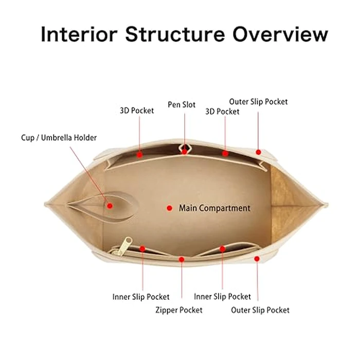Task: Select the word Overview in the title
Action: click(x=280, y=34)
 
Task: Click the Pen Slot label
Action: click(x=182, y=105)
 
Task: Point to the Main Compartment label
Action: click(x=214, y=208)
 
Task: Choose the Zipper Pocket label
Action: click(x=178, y=310)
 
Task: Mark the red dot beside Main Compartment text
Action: click(x=169, y=208)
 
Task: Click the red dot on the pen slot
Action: click(x=185, y=152)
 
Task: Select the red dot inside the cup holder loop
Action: click(x=110, y=206)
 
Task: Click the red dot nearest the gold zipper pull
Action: click(x=142, y=249)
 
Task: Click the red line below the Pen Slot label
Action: click(x=185, y=129)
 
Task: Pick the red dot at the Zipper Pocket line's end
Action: click(x=181, y=259)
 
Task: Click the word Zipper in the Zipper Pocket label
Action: click(x=167, y=310)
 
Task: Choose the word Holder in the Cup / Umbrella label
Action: click(x=85, y=138)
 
